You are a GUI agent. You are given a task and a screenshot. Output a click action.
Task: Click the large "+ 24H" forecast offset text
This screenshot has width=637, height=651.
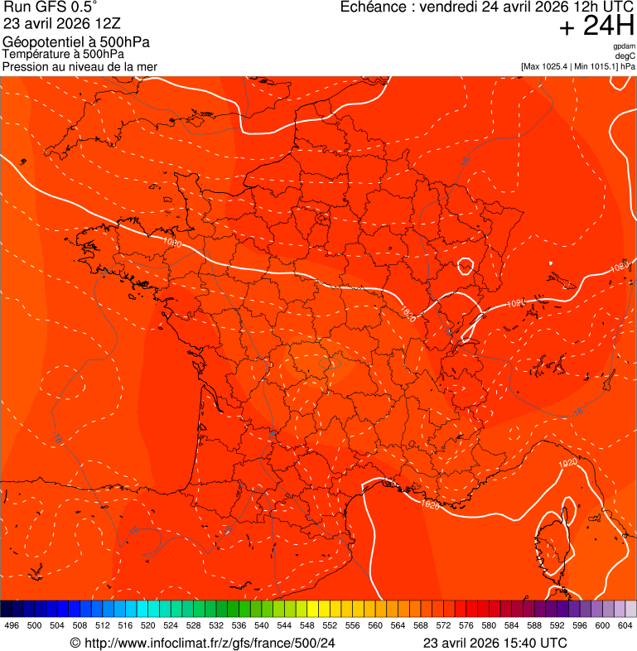pos(596,27)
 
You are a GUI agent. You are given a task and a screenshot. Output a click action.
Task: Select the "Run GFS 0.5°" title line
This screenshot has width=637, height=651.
pos(51,8)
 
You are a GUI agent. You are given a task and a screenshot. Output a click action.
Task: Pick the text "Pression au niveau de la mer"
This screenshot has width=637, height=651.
pos(80,66)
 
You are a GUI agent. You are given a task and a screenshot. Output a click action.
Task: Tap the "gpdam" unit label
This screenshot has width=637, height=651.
pos(624,46)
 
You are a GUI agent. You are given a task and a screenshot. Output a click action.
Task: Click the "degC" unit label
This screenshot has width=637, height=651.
pos(625,55)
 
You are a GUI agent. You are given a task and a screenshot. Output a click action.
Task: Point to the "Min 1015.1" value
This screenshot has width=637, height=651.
pos(597,66)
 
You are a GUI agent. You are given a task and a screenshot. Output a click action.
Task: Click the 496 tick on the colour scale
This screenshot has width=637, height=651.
pos(12,626)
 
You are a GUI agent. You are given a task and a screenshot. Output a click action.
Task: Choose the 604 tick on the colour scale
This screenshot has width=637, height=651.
pos(625,626)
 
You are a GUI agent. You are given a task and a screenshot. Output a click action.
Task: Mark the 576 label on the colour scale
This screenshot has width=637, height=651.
pos(466,626)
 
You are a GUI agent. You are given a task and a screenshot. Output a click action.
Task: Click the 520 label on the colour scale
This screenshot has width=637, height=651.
pos(148,626)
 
